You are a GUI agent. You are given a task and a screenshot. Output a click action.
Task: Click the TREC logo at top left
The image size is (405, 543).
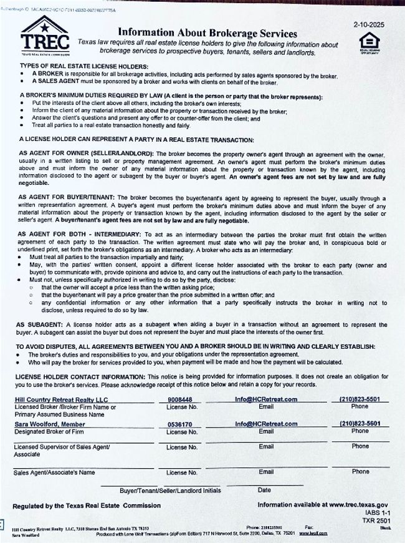coord(44,36)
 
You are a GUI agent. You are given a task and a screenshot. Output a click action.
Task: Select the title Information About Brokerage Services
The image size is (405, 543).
coord(207,33)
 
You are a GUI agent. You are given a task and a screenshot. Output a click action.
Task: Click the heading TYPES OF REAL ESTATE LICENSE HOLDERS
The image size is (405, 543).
coord(84,66)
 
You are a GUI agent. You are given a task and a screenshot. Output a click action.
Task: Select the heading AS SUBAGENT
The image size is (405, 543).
coord(39,325)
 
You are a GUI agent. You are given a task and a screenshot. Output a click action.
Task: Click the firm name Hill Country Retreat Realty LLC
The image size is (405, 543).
coord(61,399)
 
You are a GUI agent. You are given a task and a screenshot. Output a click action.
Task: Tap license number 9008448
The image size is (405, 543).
coord(181,399)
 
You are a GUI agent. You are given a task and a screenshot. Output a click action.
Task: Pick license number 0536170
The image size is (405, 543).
coord(181,424)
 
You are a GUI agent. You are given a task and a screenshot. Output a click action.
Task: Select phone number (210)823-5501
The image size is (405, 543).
coord(360,399)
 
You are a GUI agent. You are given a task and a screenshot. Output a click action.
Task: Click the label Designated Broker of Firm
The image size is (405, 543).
coord(50,431)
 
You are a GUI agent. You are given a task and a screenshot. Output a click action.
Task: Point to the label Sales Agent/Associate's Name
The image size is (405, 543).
coord(54,472)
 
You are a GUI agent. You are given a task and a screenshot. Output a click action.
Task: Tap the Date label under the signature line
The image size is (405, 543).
coord(264,491)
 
